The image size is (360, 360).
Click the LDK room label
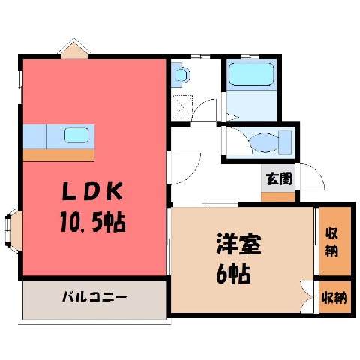point(93,191)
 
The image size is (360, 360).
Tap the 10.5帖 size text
point(93,221)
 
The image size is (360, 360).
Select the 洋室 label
point(239,244)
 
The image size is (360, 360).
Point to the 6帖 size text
point(233,274)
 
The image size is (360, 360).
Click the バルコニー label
point(94,297)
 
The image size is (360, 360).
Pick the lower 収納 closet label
point(334,298)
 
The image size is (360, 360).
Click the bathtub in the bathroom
point(252,73)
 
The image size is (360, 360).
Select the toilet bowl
point(265,142)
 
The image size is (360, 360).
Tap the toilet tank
point(285,142)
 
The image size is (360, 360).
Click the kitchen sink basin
point(76,135)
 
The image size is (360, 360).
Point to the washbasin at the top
point(181,74)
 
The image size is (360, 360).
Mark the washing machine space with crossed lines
point(183,106)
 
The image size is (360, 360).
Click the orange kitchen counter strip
point(58,155)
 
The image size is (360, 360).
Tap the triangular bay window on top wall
point(74,49)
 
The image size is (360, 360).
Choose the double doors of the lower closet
point(307,297)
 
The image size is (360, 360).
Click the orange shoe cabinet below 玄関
point(278,197)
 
